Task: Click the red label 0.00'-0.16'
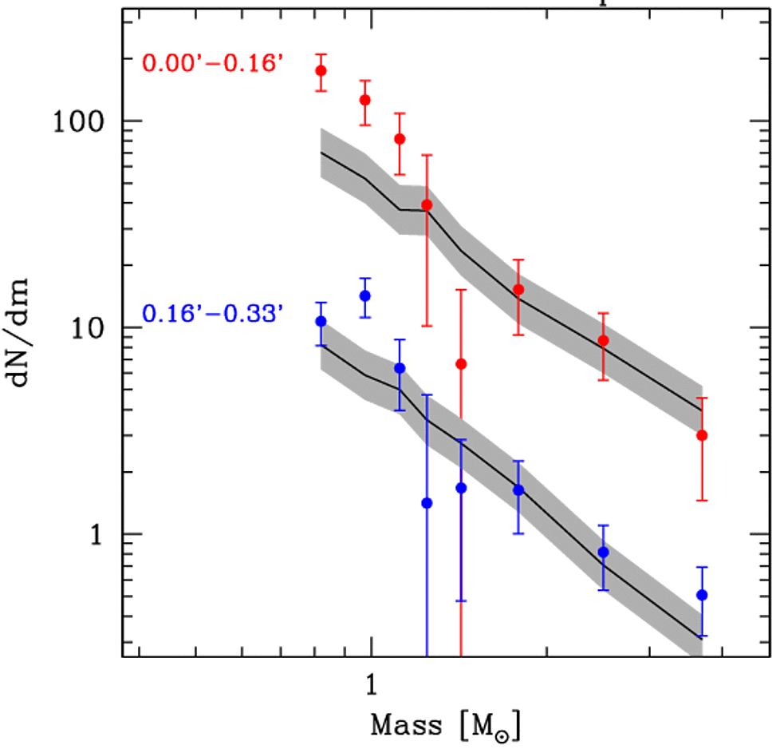click(x=212, y=62)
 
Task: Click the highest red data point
click(x=321, y=71)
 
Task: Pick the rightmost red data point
click(x=702, y=435)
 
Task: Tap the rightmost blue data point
click(x=702, y=595)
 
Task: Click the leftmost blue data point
click(x=321, y=321)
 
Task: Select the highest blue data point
click(x=364, y=295)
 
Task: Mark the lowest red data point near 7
click(x=460, y=364)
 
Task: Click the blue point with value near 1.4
click(x=427, y=503)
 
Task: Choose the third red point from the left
click(x=400, y=139)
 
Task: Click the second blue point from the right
click(x=604, y=552)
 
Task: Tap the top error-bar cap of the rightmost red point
click(x=702, y=398)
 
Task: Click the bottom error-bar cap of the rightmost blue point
click(x=702, y=636)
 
